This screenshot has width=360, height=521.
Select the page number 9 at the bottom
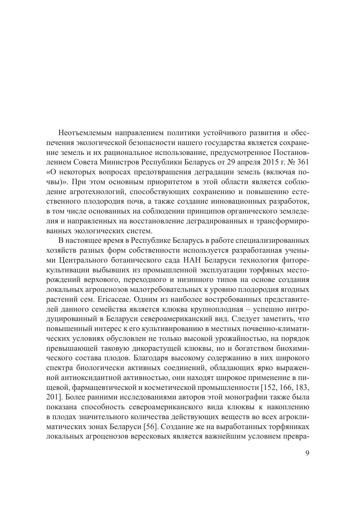[x=307, y=454]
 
